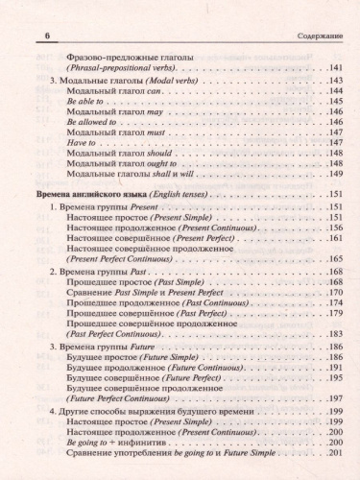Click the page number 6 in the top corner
point(21,36)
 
